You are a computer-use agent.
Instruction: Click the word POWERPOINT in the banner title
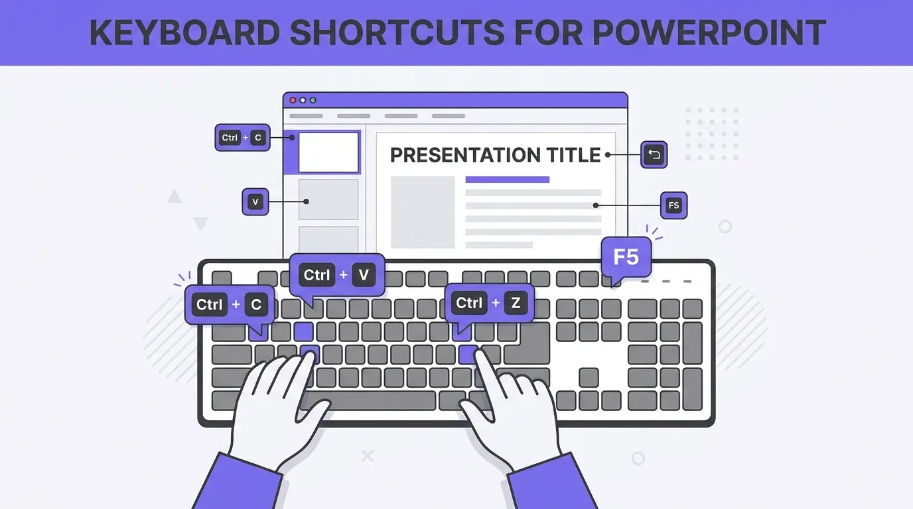[708, 33]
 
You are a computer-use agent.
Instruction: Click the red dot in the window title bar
[293, 100]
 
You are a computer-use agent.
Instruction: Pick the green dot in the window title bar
[313, 100]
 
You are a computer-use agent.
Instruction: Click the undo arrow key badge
[654, 155]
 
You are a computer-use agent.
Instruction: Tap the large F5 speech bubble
[626, 256]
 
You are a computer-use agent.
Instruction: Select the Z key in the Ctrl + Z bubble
[516, 304]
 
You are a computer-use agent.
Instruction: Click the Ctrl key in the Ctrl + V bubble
[317, 274]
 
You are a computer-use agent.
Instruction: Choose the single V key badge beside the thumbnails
[255, 202]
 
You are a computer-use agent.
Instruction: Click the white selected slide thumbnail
[328, 152]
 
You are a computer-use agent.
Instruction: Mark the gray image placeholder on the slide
[423, 212]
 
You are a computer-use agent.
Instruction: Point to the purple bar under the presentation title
[508, 180]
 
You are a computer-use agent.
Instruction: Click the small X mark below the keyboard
[367, 456]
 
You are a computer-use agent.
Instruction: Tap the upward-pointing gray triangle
[175, 197]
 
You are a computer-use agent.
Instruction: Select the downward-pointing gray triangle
[200, 223]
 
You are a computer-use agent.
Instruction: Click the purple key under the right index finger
[468, 353]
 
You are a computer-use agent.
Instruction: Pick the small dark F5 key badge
[673, 205]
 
